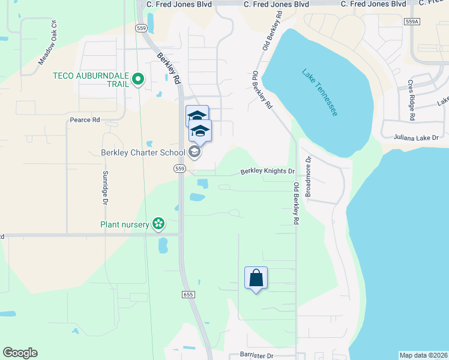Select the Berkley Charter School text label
(143, 152)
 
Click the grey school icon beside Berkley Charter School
(194, 152)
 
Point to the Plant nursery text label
(125, 225)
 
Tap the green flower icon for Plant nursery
(158, 224)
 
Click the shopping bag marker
(256, 278)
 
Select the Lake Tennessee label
(320, 92)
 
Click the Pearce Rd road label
(85, 120)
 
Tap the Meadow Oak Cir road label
(47, 43)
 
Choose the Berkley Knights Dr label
(268, 172)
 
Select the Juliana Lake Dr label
(417, 138)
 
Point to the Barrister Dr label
(256, 355)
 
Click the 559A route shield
(411, 22)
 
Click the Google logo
(20, 353)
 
